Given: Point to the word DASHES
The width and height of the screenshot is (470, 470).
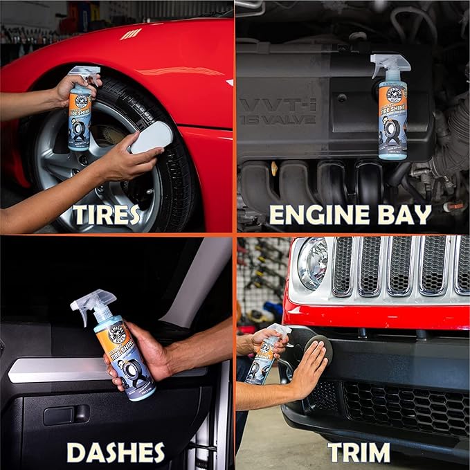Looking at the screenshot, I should click(116, 453).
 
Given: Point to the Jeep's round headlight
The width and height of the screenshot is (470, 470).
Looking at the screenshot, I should click(313, 263).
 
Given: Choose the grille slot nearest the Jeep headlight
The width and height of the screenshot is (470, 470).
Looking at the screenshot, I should click(343, 266).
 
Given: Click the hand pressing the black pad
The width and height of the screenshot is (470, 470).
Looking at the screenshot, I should click(308, 370).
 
